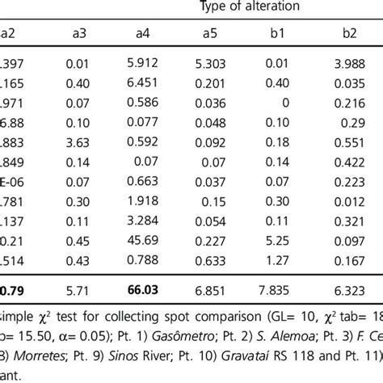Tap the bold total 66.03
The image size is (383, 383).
[x=146, y=287]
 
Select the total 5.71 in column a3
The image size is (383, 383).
[x=78, y=287]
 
